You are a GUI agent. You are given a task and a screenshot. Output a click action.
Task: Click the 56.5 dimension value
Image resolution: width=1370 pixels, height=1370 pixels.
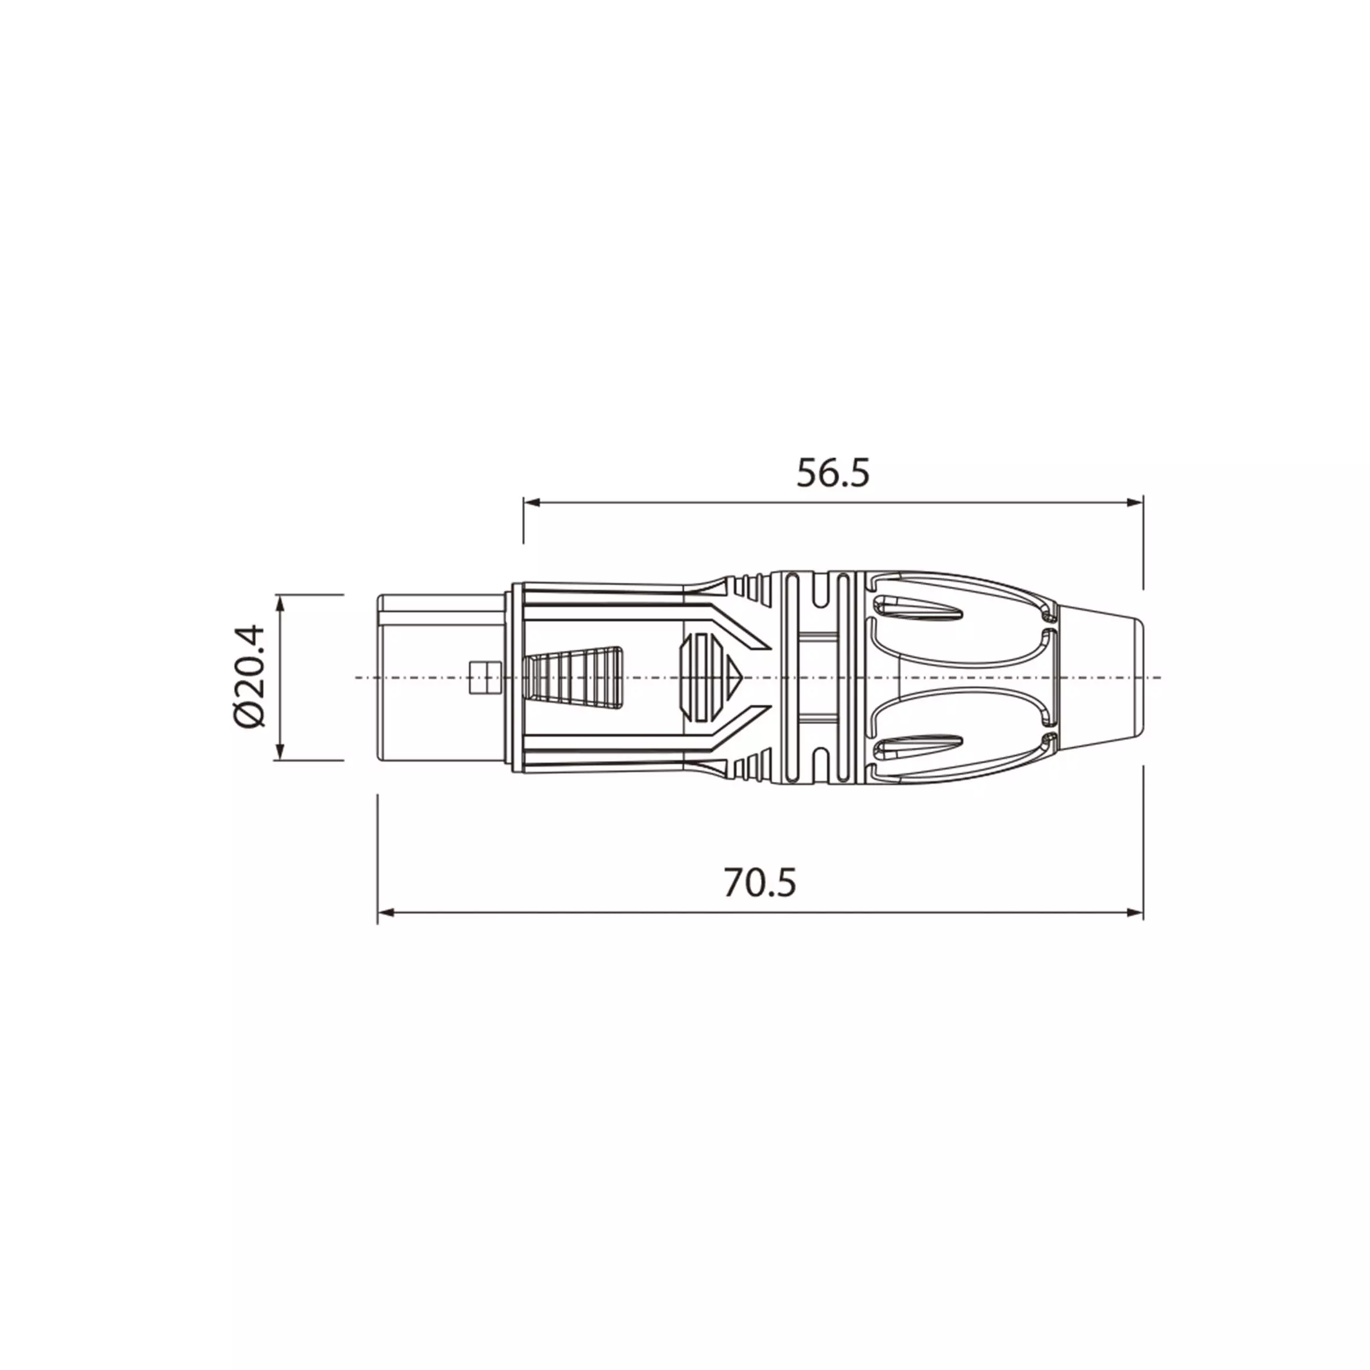pyautogui.click(x=832, y=473)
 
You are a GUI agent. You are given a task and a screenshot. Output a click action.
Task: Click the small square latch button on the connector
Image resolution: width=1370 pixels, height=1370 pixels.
pyautogui.click(x=485, y=678)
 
